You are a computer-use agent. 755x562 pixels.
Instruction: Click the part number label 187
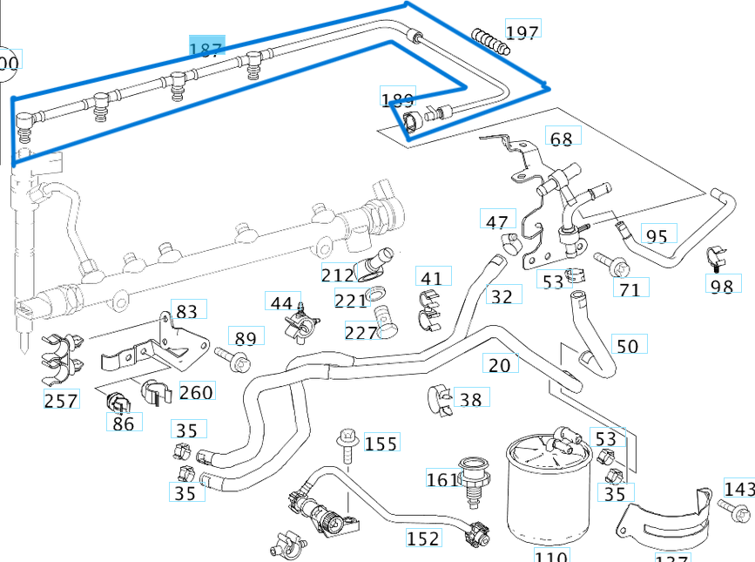point(207,50)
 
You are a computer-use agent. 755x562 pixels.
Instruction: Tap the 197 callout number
point(522,32)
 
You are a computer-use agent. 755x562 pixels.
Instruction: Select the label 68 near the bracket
point(562,139)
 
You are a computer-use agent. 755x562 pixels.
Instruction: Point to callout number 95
point(657,236)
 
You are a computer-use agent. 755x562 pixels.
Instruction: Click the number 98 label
point(722,286)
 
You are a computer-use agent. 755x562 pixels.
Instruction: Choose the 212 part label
point(338,275)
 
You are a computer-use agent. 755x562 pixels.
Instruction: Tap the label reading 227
point(361,332)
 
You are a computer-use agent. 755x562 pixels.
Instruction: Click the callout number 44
point(281,303)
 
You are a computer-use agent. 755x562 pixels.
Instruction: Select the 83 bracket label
point(185,311)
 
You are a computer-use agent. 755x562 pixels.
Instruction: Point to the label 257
point(61,401)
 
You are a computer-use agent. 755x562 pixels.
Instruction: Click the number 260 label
point(196,392)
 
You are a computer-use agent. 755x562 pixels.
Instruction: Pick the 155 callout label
point(381,444)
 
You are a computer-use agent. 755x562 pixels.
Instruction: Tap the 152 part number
point(423,538)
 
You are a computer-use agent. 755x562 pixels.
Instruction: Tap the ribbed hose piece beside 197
point(489,39)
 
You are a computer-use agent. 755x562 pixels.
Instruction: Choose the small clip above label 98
point(714,258)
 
